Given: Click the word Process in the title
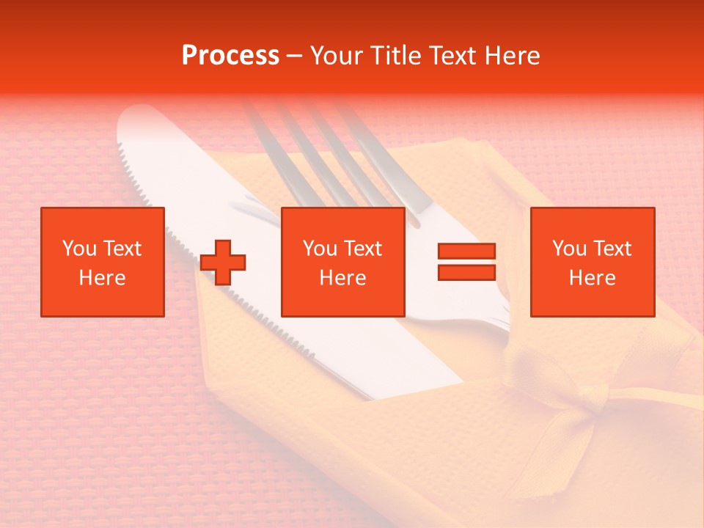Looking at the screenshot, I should point(230,56).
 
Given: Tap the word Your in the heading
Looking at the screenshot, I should point(337,56).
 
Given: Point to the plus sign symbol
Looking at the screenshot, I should point(223,262).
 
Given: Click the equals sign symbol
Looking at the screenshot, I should point(466,262).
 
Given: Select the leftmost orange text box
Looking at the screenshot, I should point(102,262).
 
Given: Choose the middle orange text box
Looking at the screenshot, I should point(342,262).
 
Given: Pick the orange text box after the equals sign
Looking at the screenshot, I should point(592,262).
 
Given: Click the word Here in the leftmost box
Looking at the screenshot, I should point(102,278).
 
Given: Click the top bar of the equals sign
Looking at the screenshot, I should point(466,252).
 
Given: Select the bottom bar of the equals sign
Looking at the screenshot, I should point(466,272).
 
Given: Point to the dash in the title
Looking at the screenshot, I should point(294,56).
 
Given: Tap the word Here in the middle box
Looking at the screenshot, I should point(342,278).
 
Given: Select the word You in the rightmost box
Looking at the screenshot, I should point(569,249).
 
